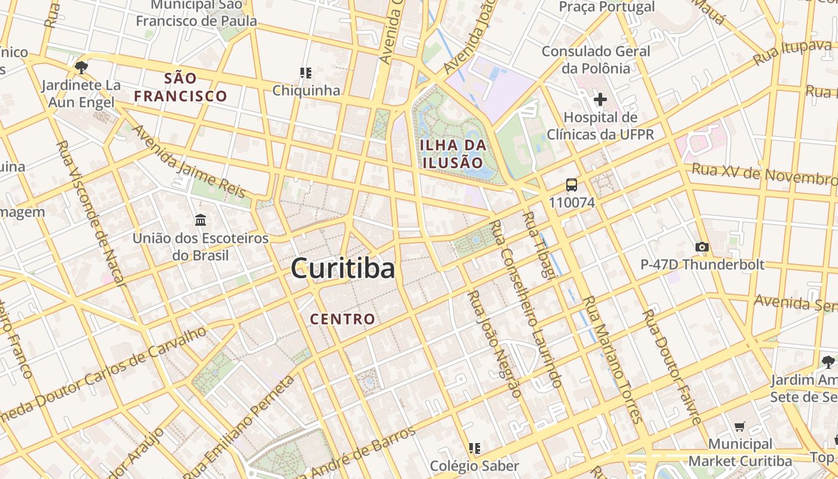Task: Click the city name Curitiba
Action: coord(343,269)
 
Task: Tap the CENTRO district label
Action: coord(342,319)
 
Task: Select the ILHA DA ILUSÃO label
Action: coord(453,153)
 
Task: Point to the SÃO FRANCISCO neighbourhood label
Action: coord(180,87)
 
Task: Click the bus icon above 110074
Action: coord(572,185)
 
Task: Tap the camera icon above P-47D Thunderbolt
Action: coord(702,247)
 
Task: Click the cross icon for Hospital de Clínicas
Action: coord(600,99)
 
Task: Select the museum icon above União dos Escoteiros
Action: coord(201,220)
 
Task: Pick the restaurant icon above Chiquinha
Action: coord(306,74)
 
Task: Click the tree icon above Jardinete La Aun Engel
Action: coord(81,67)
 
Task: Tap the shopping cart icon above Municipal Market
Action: coord(740,427)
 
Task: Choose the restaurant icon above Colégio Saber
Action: coord(475,448)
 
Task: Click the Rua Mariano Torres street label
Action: coord(611,359)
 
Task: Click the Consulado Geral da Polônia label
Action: coord(596,59)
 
